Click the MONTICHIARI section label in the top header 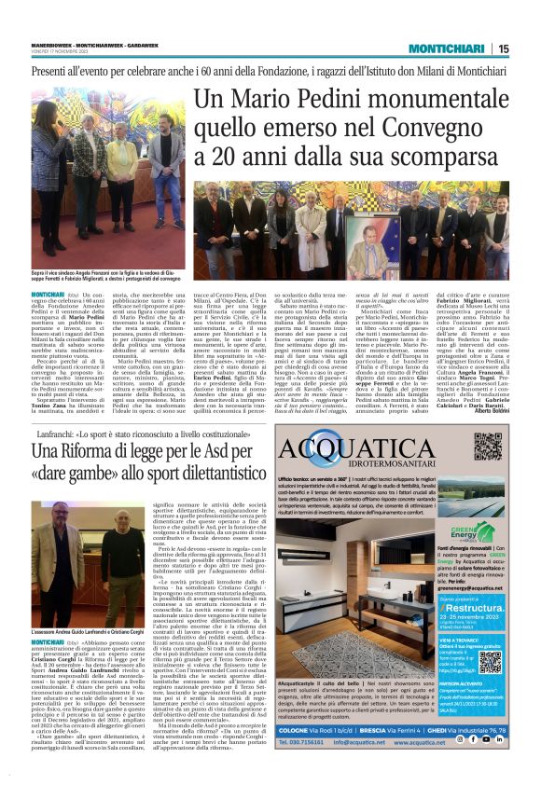(x=454, y=48)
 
